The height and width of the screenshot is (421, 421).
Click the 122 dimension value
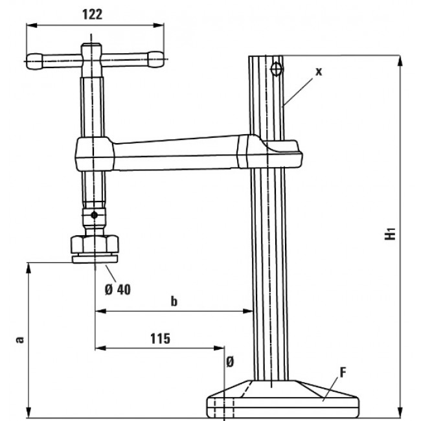pos(93,15)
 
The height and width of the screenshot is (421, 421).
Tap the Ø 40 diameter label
pos(117,289)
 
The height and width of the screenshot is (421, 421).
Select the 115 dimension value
pos(159,338)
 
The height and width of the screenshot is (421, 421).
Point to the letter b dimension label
pos(174,301)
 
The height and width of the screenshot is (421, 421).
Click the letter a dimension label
pos(19,339)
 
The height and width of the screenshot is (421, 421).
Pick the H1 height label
pos(390,233)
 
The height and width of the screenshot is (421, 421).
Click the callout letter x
pos(318,72)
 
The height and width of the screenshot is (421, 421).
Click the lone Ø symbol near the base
pos(229,363)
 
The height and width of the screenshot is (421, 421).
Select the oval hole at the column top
pos(277,69)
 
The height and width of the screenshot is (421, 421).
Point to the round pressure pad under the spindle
pos(95,259)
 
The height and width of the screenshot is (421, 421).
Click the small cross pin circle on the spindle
pos(95,214)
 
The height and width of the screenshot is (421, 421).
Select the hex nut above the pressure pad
pos(95,245)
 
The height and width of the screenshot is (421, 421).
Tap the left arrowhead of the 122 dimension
pos(28,25)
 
